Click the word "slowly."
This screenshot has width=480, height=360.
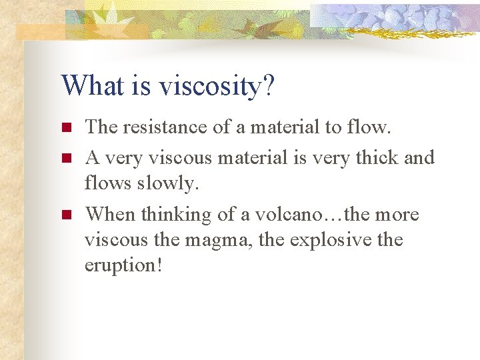coord(169,183)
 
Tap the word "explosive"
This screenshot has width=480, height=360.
coord(327,239)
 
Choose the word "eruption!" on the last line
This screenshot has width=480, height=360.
coord(123,265)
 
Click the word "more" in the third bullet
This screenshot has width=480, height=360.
coord(396,215)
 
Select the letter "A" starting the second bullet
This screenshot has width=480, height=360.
coord(93,157)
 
